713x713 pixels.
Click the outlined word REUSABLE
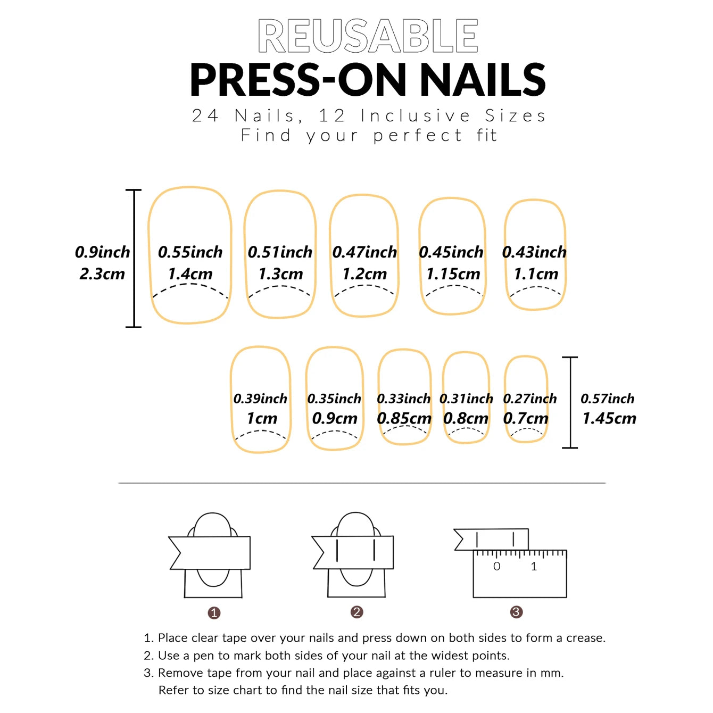point(368,36)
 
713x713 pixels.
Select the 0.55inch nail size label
point(190,252)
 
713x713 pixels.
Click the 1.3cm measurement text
point(280,274)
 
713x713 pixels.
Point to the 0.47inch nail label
point(364,252)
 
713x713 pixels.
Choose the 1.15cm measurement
point(453,274)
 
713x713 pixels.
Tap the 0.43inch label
point(534,252)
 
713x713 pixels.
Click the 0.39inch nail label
point(260,399)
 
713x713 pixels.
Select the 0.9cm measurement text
point(335,419)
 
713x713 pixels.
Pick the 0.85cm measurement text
point(404,419)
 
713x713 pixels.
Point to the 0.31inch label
point(466,399)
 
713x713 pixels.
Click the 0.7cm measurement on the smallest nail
point(526,419)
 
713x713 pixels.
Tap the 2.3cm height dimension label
point(102,274)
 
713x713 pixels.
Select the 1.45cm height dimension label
point(609,419)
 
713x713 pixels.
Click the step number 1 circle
point(214,613)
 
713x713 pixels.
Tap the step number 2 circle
point(357,612)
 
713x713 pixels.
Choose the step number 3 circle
point(516,612)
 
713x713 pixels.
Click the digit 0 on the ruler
point(496,567)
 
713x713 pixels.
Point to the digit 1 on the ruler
point(534,567)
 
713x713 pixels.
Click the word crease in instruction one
point(585,638)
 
